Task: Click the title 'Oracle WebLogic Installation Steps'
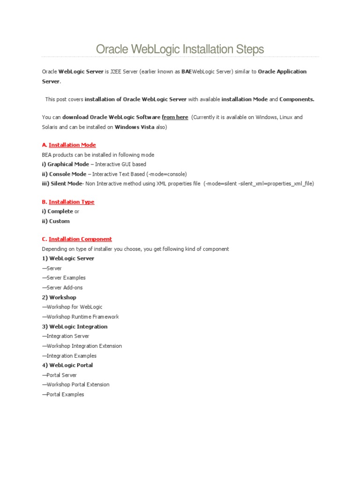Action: point(180,49)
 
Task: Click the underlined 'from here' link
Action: point(175,117)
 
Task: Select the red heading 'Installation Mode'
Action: point(72,145)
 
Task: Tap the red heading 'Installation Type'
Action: point(71,202)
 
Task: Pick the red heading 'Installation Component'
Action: point(80,239)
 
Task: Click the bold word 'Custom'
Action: point(60,221)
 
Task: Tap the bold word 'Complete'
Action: point(60,211)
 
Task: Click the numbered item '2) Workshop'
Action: point(59,297)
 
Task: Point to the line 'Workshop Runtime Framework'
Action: point(82,317)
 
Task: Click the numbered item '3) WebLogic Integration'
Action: point(75,326)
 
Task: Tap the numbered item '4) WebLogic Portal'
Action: point(67,365)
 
